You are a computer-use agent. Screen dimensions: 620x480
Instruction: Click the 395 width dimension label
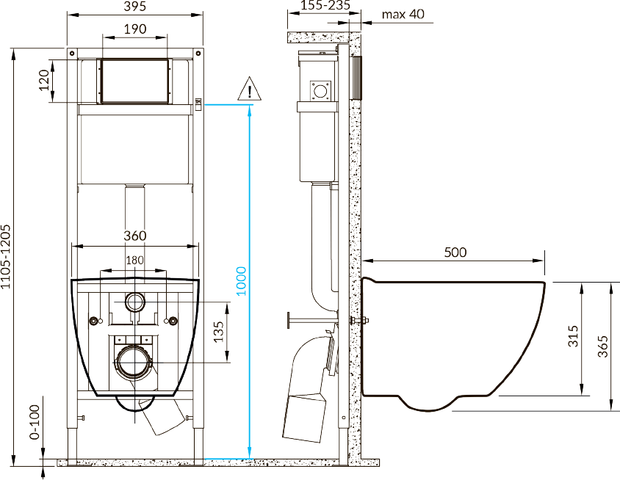click(x=135, y=7)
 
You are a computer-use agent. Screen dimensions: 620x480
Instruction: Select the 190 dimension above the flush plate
click(x=135, y=29)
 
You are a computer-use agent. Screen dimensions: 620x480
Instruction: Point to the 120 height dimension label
click(x=44, y=80)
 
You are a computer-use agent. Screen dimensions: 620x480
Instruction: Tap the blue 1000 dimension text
click(x=241, y=281)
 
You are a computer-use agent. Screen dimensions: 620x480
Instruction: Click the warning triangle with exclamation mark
click(x=250, y=89)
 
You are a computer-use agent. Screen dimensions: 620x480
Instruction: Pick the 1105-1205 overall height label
click(x=6, y=257)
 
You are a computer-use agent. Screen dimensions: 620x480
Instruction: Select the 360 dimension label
click(x=135, y=236)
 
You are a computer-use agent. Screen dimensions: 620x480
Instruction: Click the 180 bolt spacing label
click(x=134, y=261)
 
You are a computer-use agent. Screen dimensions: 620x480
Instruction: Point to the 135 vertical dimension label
click(x=218, y=332)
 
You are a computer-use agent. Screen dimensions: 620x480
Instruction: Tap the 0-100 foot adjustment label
click(x=35, y=422)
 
